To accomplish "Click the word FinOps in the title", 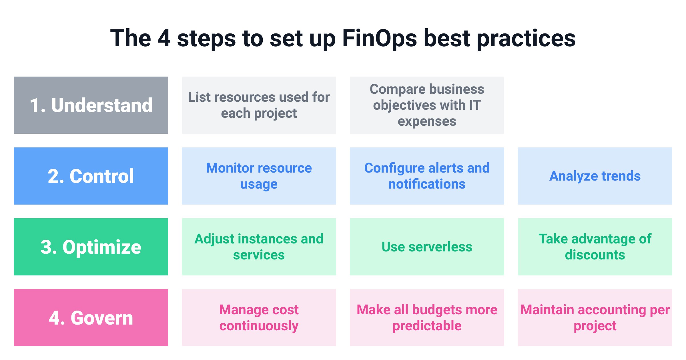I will point(379,39).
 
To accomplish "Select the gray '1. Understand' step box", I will point(91,105).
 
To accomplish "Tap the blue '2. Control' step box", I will point(91,176).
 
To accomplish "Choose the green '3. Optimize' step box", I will point(91,247).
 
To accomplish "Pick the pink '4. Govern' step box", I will point(91,318).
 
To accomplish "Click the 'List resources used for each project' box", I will point(259,105).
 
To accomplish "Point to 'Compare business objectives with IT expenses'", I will point(427,105).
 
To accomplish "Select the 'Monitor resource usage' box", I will point(259,176).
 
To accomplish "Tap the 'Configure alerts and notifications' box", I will point(427,176).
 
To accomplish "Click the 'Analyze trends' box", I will point(595,176).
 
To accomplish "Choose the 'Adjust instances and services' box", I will point(259,247).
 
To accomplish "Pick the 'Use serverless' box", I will point(427,247).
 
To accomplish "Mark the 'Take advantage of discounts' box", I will point(595,247).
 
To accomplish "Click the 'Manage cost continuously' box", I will point(259,318).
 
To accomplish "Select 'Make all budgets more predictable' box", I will point(427,318).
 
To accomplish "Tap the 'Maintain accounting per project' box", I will point(595,318).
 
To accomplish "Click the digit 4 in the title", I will point(164,39).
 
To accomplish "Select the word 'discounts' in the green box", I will point(595,255).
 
